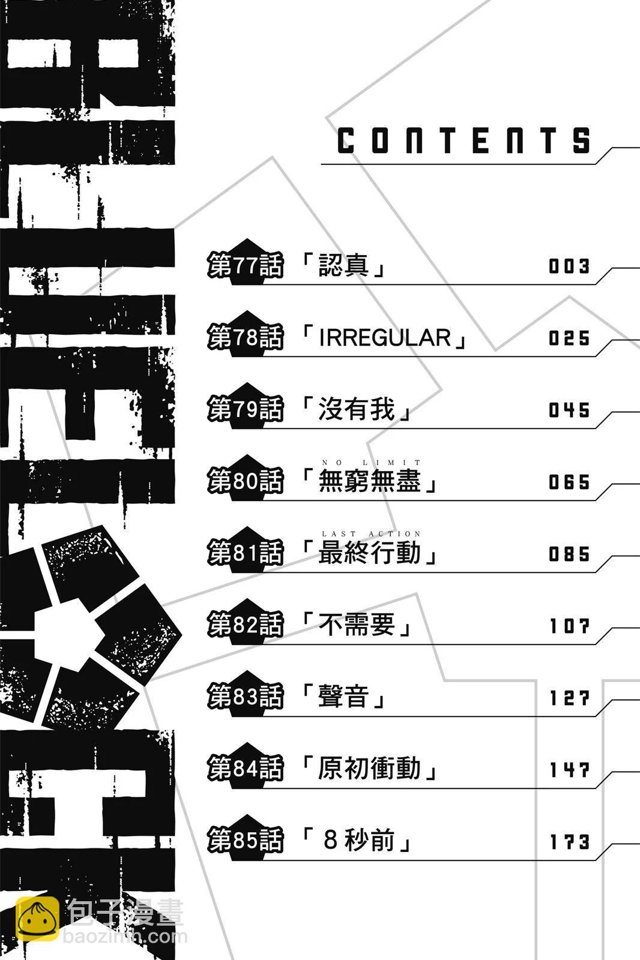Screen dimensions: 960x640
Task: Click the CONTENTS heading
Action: pyautogui.click(x=464, y=141)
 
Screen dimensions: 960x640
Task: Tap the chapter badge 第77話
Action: pyautogui.click(x=245, y=266)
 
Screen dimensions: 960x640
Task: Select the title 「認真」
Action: pyautogui.click(x=343, y=266)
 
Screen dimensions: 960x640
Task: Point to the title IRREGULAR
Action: pyautogui.click(x=385, y=338)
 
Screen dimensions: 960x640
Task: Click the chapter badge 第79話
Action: pyautogui.click(x=245, y=410)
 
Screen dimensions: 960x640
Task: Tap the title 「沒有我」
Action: pyautogui.click(x=357, y=410)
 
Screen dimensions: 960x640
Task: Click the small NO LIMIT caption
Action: pyautogui.click(x=372, y=463)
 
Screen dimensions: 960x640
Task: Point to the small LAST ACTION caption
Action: pyautogui.click(x=372, y=533)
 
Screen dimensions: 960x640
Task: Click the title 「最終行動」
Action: pyautogui.click(x=369, y=553)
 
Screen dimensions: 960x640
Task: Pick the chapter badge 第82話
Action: pyautogui.click(x=245, y=625)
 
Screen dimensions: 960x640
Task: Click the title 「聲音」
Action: pyautogui.click(x=343, y=697)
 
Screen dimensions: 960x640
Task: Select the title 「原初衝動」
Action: pyautogui.click(x=369, y=769)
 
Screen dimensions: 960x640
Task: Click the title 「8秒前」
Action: pyautogui.click(x=358, y=841)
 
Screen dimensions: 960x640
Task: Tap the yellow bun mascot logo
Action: pyautogui.click(x=37, y=919)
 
